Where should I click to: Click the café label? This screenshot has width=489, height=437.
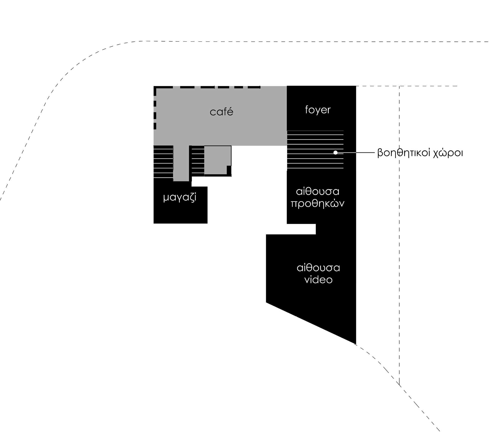[x=221, y=112]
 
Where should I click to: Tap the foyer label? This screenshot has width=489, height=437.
[x=318, y=110]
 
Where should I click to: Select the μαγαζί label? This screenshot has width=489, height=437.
[x=180, y=198]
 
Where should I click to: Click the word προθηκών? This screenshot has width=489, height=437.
[x=318, y=203]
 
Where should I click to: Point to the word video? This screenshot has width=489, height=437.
[x=318, y=280]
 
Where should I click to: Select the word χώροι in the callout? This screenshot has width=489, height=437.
[x=448, y=153]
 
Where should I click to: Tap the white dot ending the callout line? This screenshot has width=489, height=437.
[x=335, y=152]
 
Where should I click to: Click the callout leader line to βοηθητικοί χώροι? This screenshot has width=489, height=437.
[x=356, y=152]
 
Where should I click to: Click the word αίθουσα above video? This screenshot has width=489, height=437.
[x=318, y=268]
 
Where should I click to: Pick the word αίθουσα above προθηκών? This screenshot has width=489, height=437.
[x=318, y=192]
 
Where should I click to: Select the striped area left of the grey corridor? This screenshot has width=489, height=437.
[x=163, y=162]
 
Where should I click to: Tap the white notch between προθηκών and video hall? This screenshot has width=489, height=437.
[x=301, y=229]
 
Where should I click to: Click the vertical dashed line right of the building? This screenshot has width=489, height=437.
[x=399, y=226]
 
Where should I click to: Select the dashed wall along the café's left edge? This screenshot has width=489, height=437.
[x=155, y=108]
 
